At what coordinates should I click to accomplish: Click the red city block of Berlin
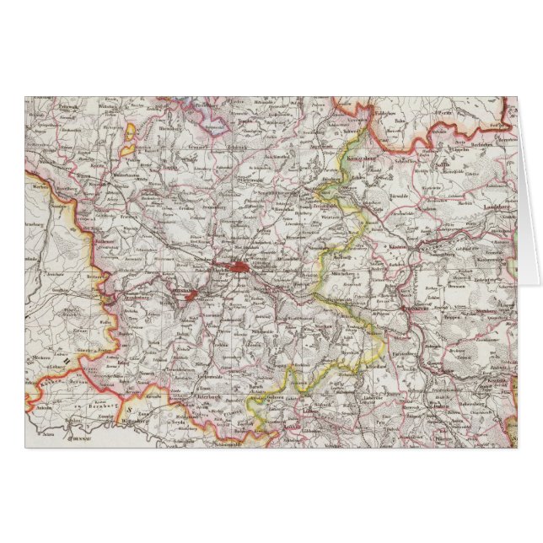click(242, 267)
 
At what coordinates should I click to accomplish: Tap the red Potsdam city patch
click(193, 295)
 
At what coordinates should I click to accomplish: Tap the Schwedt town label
click(354, 132)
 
